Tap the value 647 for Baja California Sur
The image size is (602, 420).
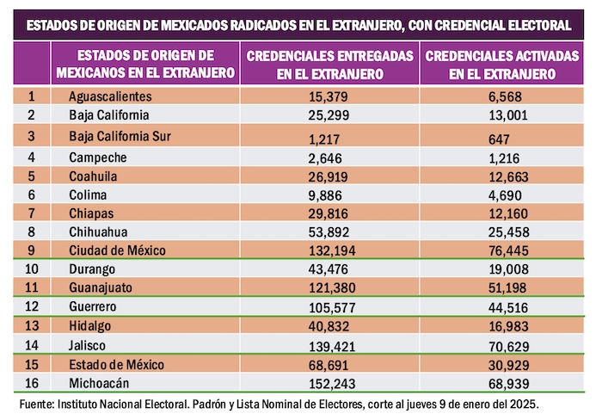click(498, 139)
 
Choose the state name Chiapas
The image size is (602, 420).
click(92, 213)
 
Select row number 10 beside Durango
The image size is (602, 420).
click(32, 269)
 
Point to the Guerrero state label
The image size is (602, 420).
click(95, 306)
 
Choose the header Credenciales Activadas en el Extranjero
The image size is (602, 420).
click(502, 64)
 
